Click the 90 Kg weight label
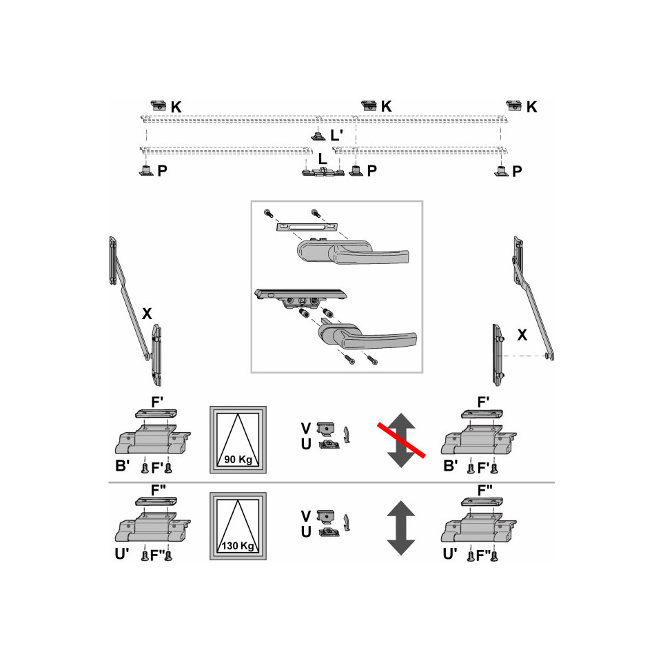coord(238,459)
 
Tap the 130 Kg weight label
coord(238,545)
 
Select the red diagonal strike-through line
coord(401,440)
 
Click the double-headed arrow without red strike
coord(401,528)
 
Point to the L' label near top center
coord(336,135)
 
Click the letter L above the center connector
coord(323,159)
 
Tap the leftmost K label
coord(176,107)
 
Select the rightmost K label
coord(531,107)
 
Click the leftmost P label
coord(163,171)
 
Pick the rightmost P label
coord(517,171)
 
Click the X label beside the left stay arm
coord(147,314)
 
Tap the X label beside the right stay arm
coord(522,335)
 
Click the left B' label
coord(122,465)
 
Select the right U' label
coord(450,553)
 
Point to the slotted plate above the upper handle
coord(307,227)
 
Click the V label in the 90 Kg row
coord(306,429)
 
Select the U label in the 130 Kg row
coord(306,532)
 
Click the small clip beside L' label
coord(318,136)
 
